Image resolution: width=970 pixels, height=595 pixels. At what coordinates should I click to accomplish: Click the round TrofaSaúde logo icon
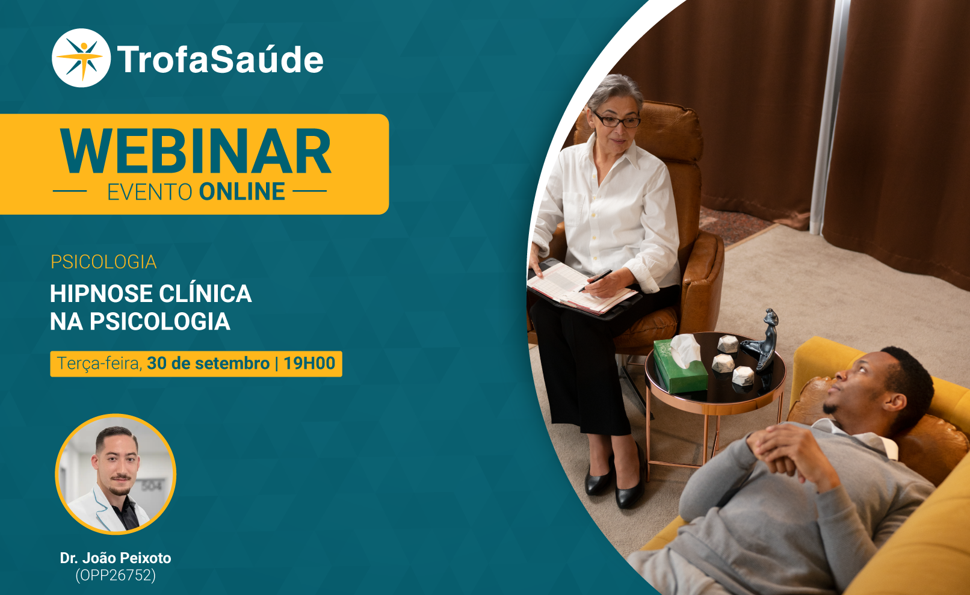pos(81,58)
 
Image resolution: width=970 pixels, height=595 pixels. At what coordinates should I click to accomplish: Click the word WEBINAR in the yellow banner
pos(196,151)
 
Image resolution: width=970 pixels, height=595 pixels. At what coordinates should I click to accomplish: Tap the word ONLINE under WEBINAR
pos(242,192)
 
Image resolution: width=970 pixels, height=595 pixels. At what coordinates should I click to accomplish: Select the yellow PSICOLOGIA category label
pos(103,262)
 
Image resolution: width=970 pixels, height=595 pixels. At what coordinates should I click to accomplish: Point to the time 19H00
pos(309,363)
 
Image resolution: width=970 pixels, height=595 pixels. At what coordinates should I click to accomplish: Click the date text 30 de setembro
pos(208,363)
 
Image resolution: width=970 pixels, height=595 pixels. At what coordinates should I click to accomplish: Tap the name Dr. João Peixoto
pos(116,558)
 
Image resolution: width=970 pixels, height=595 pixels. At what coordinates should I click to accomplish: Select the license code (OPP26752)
pos(116,576)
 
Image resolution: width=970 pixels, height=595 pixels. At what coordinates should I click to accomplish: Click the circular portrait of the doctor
pos(116,474)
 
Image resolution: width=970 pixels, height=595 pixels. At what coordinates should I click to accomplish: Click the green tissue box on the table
pos(680,366)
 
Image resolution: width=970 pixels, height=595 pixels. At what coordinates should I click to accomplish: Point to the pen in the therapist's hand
pos(596,280)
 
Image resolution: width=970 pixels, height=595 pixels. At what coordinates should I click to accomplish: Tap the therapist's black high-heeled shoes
pos(614,478)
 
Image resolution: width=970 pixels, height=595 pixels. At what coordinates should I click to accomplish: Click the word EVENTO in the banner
pos(150,192)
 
